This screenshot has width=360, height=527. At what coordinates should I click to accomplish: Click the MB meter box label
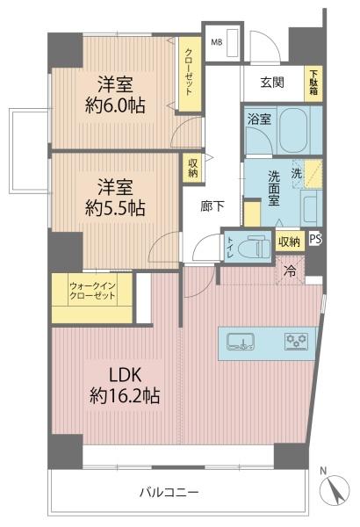point(217,43)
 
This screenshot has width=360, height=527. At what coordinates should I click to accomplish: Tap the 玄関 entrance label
point(272,83)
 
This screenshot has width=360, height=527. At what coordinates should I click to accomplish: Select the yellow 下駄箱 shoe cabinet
point(313,83)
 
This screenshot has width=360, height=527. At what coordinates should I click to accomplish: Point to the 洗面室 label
point(274,188)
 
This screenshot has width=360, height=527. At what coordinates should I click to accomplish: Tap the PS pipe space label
point(315,239)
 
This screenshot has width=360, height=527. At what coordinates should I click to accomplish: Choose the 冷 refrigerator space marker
point(290,271)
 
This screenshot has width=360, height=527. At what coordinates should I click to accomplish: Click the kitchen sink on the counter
point(241,342)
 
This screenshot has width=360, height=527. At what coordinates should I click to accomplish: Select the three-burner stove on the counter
point(297,341)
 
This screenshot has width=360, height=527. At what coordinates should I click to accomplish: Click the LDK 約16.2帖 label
point(125,386)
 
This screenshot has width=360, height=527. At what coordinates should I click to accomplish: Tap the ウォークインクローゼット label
point(92,291)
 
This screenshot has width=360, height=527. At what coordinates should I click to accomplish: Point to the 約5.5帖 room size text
point(115,208)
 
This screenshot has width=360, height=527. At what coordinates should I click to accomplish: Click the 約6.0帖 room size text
point(115,105)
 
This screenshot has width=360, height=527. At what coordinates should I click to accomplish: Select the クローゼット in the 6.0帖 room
point(190,74)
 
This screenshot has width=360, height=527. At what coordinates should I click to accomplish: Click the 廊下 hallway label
point(212,206)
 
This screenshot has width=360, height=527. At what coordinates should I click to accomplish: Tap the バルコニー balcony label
point(169,493)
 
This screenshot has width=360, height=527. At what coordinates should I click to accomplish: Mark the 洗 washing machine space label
point(296,174)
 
